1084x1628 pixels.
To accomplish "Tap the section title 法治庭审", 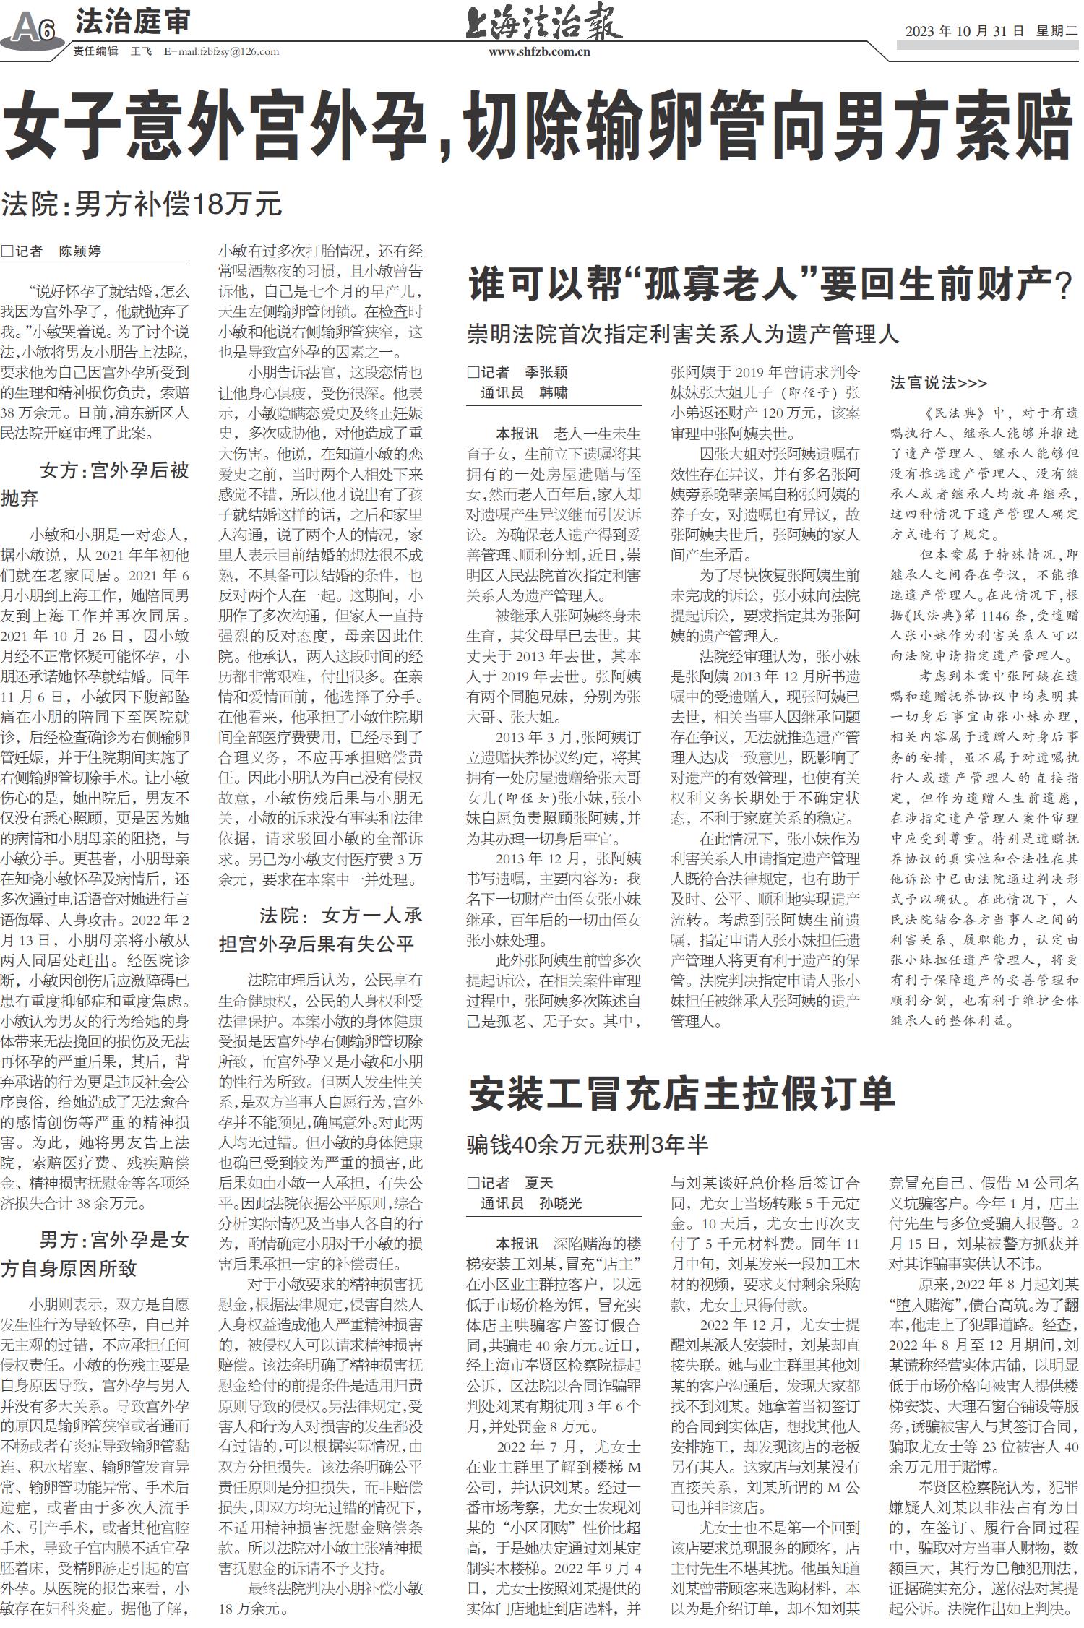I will click(x=133, y=22).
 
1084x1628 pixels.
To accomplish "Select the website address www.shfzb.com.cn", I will click(x=539, y=52).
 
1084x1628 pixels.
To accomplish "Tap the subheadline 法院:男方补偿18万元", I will click(x=142, y=204).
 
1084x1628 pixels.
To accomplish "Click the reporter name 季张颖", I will click(x=546, y=372).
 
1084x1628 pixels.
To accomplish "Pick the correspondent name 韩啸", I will click(x=553, y=393).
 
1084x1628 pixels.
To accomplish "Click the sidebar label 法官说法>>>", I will click(x=938, y=382).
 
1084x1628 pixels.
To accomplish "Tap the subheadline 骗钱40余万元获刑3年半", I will click(x=588, y=1145).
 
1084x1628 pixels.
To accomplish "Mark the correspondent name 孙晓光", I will click(x=560, y=1204).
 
